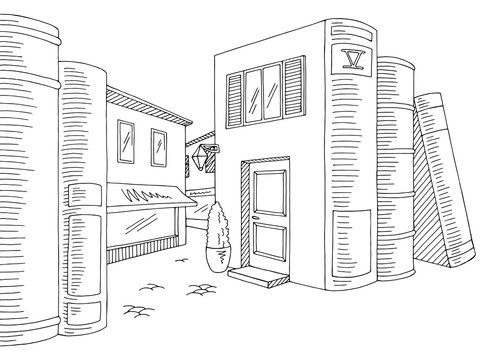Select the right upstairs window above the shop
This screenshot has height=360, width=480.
158,149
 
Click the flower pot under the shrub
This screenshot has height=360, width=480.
216,258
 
